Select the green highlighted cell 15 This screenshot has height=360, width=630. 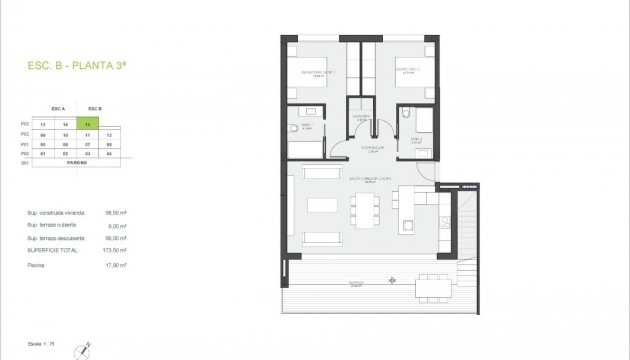point(92,125)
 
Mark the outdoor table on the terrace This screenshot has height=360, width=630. point(433,289)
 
